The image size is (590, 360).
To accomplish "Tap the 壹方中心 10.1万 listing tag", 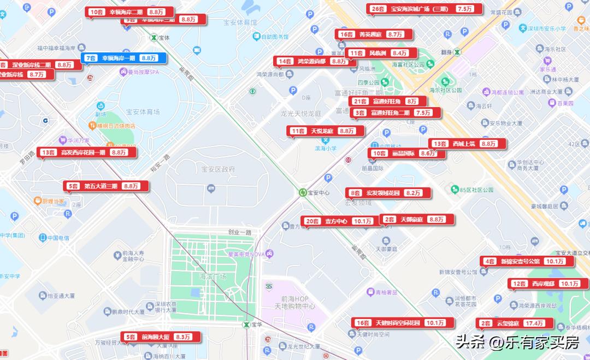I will tap(338, 221).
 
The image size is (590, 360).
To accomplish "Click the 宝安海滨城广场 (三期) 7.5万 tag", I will tap(424, 9).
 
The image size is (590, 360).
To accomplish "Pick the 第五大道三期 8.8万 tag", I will tap(105, 186).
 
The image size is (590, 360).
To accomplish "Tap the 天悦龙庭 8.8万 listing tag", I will tap(325, 131).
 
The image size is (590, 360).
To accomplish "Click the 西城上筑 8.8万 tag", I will tap(467, 144).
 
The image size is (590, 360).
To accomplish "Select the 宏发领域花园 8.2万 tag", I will tap(388, 193).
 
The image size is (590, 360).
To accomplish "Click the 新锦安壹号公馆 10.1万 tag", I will tap(527, 261).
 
